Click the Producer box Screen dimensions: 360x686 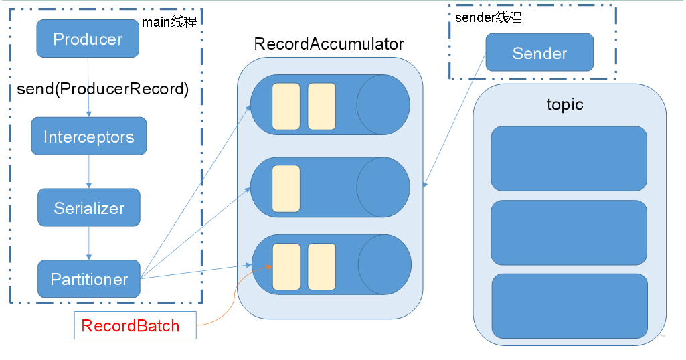[88, 39]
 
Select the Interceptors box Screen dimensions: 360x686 [89, 137]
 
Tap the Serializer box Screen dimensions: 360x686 [89, 208]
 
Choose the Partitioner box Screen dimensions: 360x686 [89, 279]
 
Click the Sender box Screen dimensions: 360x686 [539, 53]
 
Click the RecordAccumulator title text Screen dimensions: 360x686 [329, 44]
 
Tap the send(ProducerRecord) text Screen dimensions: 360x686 [102, 89]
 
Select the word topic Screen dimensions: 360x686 [564, 105]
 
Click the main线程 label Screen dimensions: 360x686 [169, 22]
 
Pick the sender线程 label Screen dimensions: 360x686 [488, 18]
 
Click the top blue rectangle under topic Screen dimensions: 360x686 [568, 159]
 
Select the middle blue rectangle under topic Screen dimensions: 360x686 [568, 232]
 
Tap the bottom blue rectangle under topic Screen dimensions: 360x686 [570, 305]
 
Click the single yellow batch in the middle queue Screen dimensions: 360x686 [286, 189]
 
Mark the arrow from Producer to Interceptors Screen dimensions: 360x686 [89, 87]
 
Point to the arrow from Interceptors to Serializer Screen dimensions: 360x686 [89, 171]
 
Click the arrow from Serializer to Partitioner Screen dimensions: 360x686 [89, 243]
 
